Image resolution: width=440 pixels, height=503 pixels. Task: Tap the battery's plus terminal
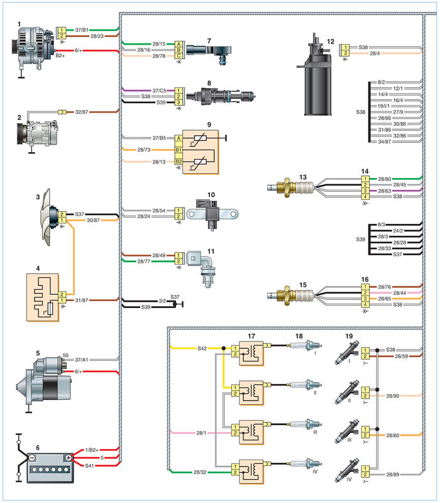coord(69,458)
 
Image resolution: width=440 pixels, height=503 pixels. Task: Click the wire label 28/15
coord(159,44)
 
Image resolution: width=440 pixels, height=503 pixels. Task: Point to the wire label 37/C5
coord(160,91)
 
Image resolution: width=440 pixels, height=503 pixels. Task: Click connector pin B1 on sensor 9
coord(179,150)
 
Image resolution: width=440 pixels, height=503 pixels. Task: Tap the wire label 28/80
coord(385,179)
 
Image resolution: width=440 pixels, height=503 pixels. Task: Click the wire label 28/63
coord(385,191)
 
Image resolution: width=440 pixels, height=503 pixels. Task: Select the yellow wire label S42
coord(202,348)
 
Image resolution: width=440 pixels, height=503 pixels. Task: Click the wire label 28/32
coord(200,472)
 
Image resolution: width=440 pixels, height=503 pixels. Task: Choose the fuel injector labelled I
coord(347,353)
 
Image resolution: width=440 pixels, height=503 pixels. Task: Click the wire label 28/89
coord(392,474)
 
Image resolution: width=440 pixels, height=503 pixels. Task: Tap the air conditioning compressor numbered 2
coord(38,133)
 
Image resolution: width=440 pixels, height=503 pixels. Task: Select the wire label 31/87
coord(82,301)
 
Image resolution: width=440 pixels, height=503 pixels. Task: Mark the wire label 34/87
coord(385,141)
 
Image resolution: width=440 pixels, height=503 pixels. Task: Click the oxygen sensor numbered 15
coord(290,295)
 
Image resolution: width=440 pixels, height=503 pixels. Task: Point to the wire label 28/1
coord(201,433)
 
